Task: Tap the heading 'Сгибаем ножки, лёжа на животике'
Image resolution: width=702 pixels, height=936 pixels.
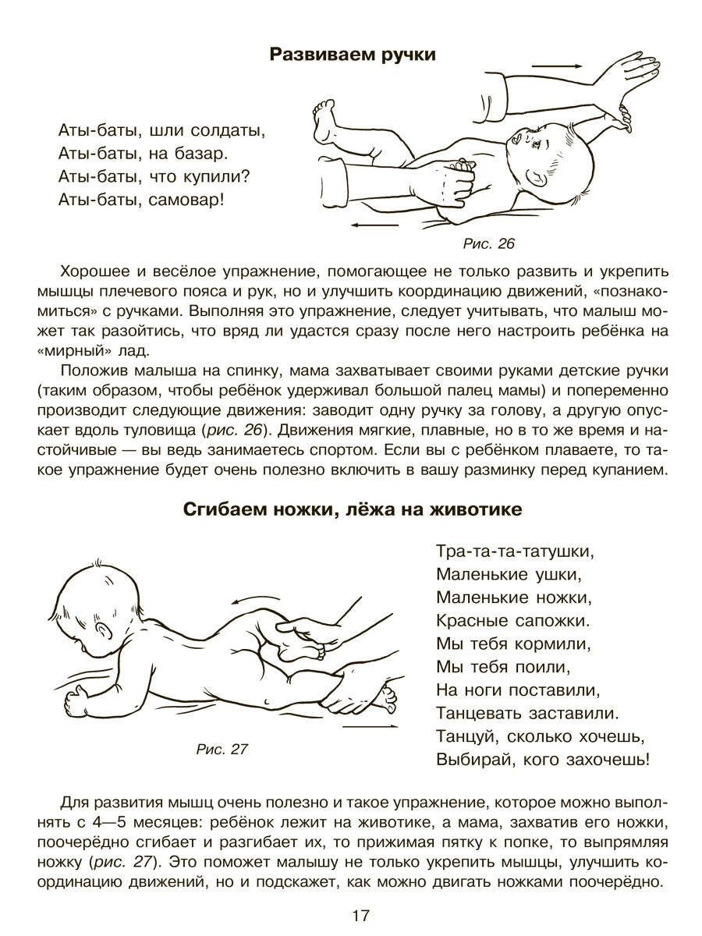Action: pyautogui.click(x=352, y=509)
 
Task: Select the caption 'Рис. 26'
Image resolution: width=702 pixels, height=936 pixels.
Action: pyautogui.click(x=489, y=244)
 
